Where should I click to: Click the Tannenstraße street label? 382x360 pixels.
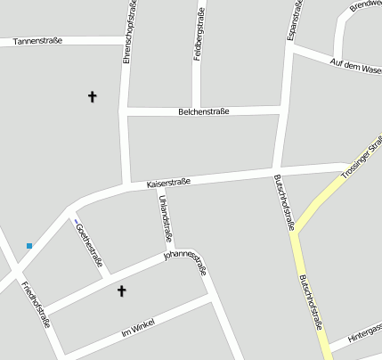tap(37, 40)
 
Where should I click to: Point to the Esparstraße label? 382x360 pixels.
tap(293, 20)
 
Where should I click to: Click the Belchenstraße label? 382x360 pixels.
tap(204, 111)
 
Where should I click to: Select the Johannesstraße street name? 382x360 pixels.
tap(185, 262)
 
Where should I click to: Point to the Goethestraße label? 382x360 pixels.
tap(90, 244)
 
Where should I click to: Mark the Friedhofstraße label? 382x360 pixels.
tap(34, 304)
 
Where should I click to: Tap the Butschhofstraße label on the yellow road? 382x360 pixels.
tap(310, 302)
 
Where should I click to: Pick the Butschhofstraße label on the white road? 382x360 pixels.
tap(284, 203)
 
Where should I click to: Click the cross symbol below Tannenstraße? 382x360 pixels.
tap(92, 95)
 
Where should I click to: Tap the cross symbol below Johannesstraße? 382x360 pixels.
tap(122, 290)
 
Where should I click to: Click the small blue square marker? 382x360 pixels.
tap(29, 245)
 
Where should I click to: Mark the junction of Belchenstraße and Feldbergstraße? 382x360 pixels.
tap(197, 110)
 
